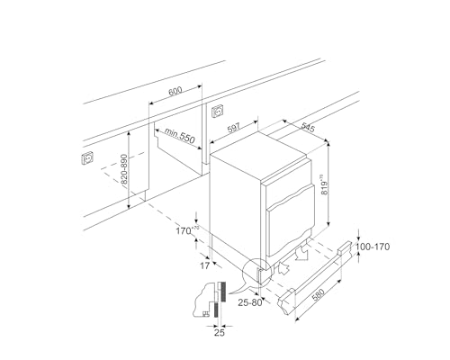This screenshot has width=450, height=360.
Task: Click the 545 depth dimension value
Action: pyautogui.click(x=307, y=130)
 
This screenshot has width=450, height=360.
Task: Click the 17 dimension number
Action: pyautogui.click(x=204, y=265)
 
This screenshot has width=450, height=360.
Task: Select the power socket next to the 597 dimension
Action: pyautogui.click(x=217, y=112)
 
